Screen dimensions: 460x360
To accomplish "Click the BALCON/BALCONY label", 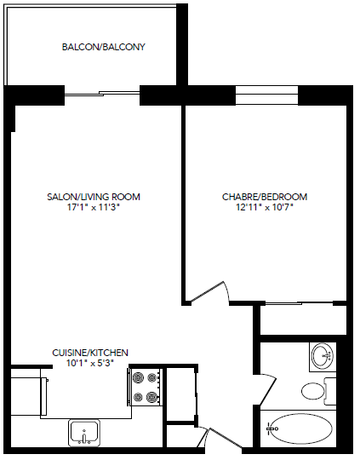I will [104, 47].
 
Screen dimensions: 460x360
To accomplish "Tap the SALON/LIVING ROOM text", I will [94, 197].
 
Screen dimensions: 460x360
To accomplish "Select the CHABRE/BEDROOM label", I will [265, 197].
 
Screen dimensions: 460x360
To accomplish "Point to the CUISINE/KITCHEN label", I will [90, 352].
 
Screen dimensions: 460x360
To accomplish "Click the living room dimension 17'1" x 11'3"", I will [94, 207].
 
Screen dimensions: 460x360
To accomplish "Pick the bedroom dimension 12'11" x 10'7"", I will [265, 207].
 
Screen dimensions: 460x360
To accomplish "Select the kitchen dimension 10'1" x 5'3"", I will [90, 362].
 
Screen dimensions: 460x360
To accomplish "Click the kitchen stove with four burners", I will [146, 386].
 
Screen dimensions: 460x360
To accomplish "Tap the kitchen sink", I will [85, 432].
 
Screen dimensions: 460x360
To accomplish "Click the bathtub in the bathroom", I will [301, 427].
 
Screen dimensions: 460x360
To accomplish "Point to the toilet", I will [314, 391].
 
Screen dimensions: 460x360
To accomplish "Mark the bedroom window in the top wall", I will [265, 95].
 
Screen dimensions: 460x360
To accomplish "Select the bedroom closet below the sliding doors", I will [301, 319].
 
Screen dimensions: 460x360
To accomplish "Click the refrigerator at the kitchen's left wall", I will [28, 391].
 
